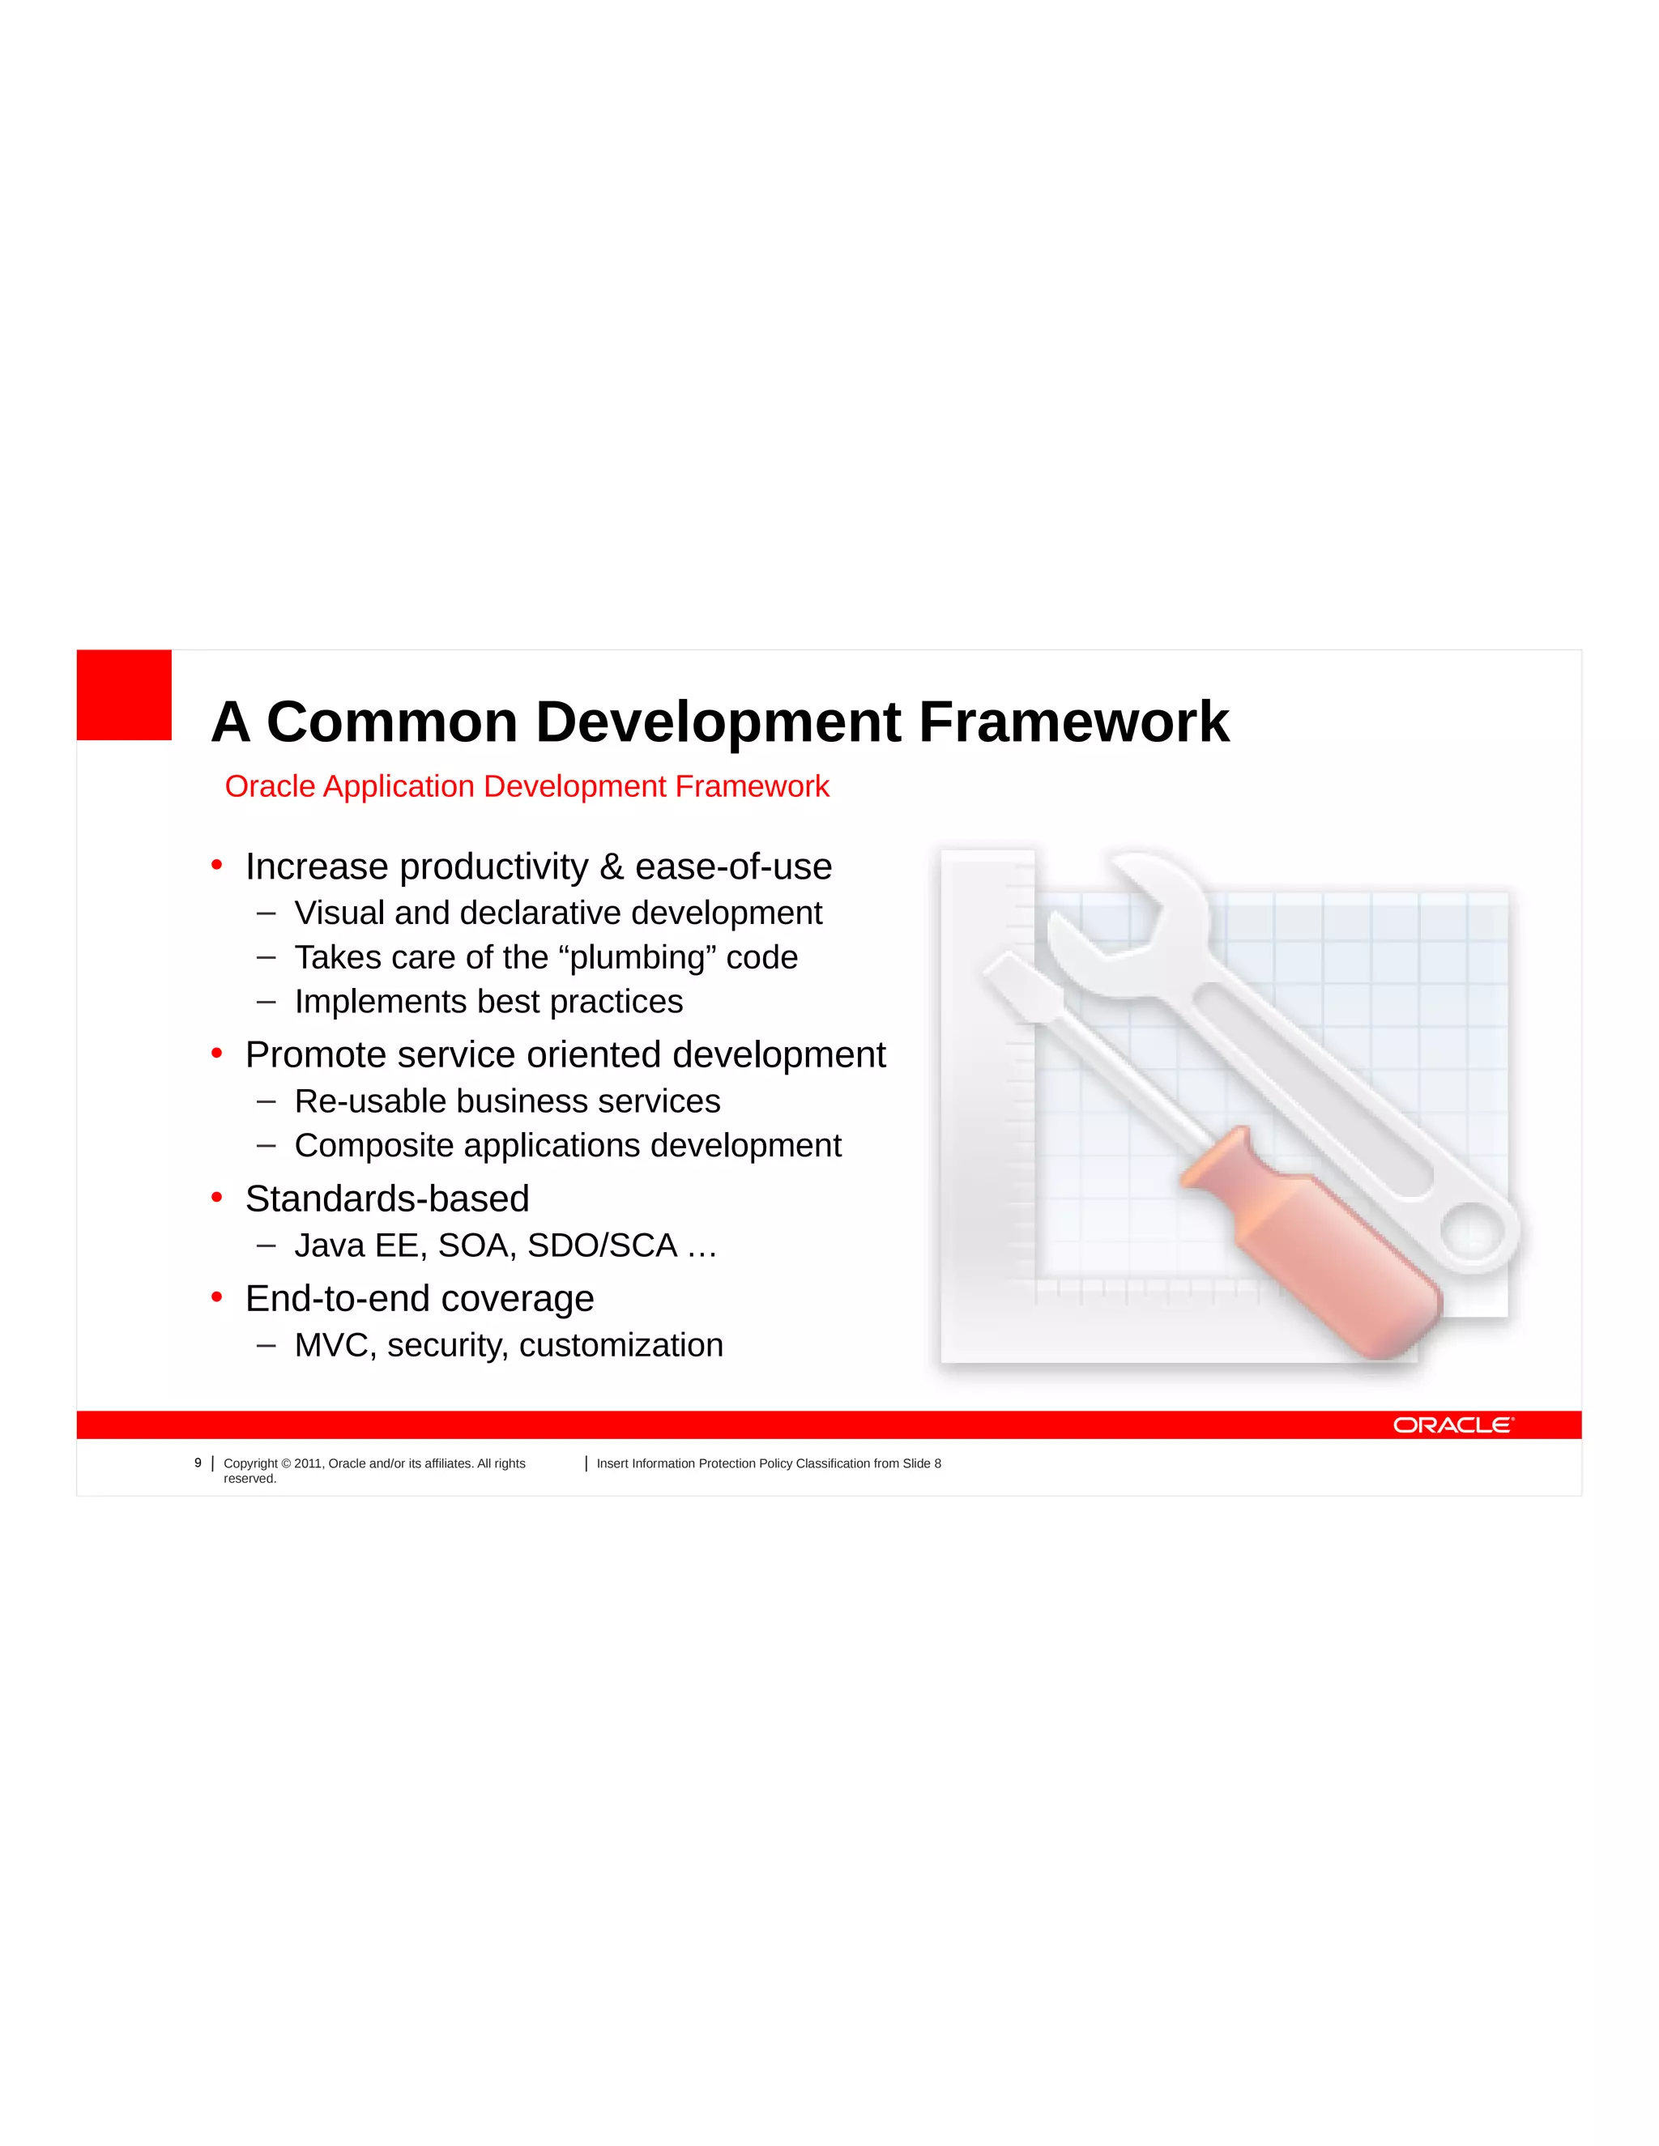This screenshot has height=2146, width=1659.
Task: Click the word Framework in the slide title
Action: pos(1073,722)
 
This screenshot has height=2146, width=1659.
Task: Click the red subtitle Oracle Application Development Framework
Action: pos(527,786)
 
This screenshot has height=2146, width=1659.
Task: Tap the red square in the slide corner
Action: pos(124,695)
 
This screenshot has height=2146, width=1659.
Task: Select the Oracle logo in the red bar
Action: pos(1453,1424)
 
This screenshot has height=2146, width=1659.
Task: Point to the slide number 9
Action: pos(198,1463)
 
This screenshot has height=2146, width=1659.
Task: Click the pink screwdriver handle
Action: pos(1317,1248)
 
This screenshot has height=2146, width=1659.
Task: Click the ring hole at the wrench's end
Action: pos(1471,1230)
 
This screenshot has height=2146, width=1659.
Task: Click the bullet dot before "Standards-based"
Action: pos(217,1197)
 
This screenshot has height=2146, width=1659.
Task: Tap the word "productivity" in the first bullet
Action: pos(493,866)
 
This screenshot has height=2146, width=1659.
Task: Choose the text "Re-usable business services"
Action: pos(507,1101)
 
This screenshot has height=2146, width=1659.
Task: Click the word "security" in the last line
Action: pos(447,1345)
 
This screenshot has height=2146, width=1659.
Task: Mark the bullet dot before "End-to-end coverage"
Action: pos(217,1297)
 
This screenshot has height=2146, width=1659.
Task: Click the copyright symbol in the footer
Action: pos(286,1464)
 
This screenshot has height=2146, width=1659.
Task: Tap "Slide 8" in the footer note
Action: pos(922,1464)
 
